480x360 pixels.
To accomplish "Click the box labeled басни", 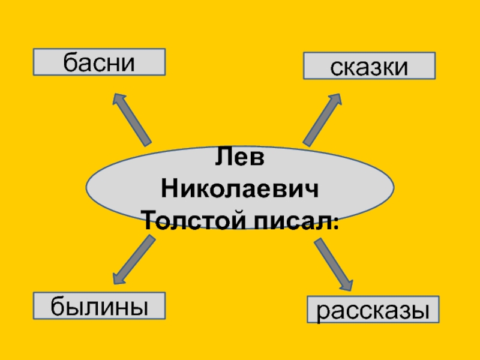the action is [x=99, y=62].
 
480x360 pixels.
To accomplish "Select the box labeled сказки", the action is [x=369, y=66].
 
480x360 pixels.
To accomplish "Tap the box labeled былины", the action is [x=99, y=306].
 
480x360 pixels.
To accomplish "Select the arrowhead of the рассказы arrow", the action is [x=347, y=283].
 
